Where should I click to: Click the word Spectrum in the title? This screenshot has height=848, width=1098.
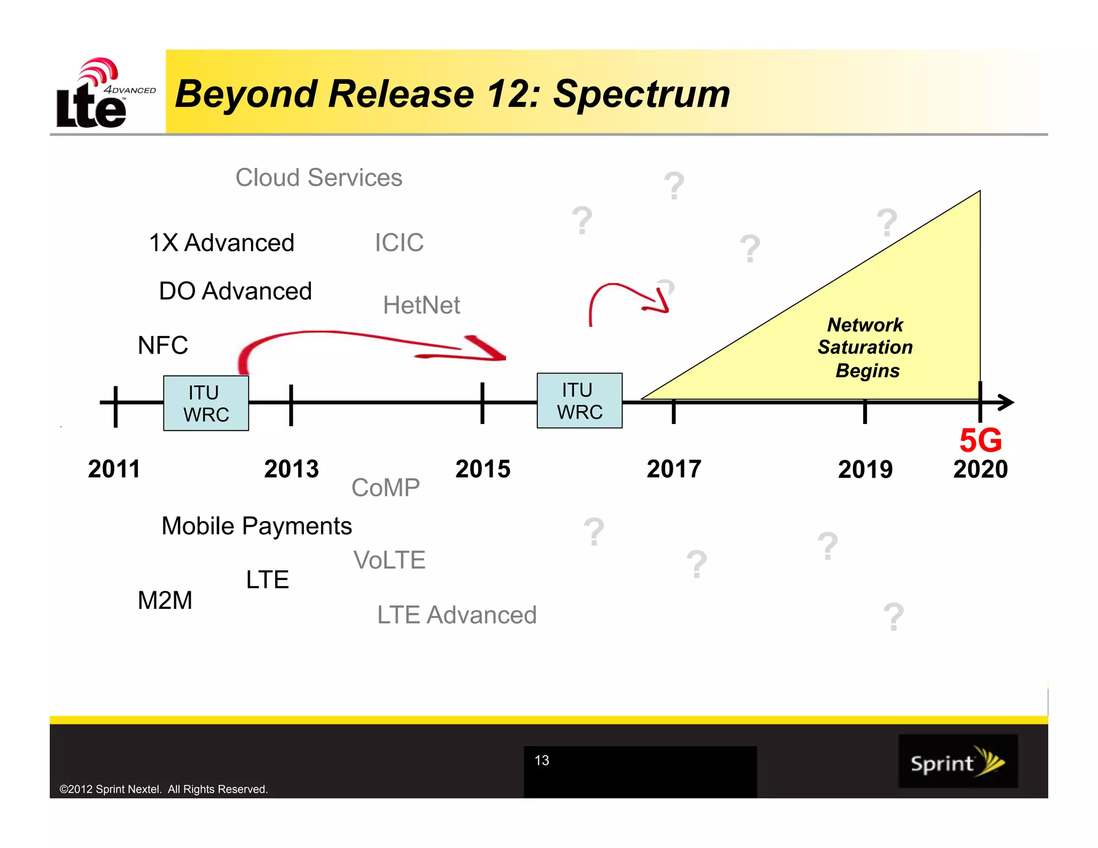tap(641, 94)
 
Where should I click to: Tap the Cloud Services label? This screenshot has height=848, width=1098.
tap(318, 177)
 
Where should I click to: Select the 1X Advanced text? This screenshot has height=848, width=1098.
tap(221, 243)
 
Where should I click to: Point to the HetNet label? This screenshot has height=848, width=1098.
tap(421, 305)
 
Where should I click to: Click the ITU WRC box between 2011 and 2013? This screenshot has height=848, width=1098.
tap(206, 403)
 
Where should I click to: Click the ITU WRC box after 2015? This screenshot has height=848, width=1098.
tap(580, 400)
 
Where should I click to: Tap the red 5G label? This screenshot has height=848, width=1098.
tap(980, 441)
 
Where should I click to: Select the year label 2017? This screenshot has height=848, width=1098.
tap(674, 469)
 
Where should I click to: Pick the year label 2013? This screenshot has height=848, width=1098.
tap(291, 469)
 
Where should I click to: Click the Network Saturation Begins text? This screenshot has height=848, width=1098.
tap(865, 347)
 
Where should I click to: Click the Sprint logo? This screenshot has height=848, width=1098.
tap(958, 761)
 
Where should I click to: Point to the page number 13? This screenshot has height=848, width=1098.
tap(541, 760)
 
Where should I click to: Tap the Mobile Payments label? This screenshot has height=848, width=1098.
tap(256, 526)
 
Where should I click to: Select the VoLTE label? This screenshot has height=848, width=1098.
tap(389, 560)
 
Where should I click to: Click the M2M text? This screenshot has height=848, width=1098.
tap(165, 600)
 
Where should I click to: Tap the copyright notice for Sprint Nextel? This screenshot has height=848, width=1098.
tap(164, 789)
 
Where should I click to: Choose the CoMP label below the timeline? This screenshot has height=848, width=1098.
tap(385, 488)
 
